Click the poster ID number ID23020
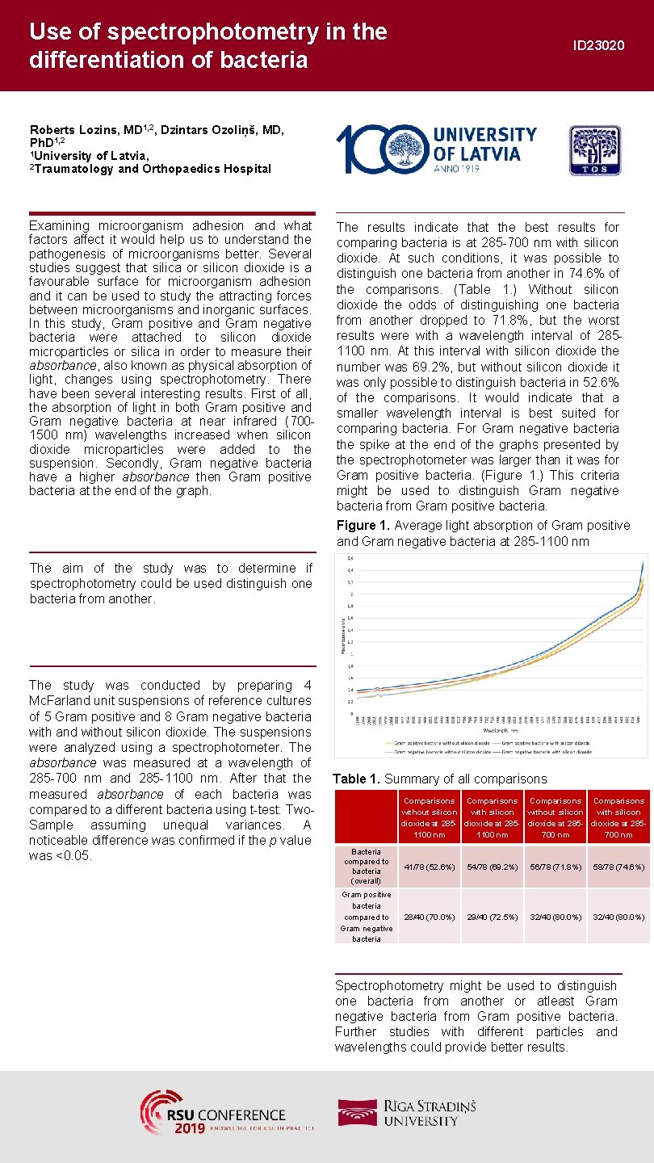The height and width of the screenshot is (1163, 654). (x=598, y=46)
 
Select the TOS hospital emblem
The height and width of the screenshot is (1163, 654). (x=595, y=150)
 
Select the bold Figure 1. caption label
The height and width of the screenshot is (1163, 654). (x=363, y=526)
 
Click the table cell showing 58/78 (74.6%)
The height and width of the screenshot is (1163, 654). (x=618, y=867)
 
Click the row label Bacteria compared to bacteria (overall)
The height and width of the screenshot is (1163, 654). (x=367, y=867)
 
